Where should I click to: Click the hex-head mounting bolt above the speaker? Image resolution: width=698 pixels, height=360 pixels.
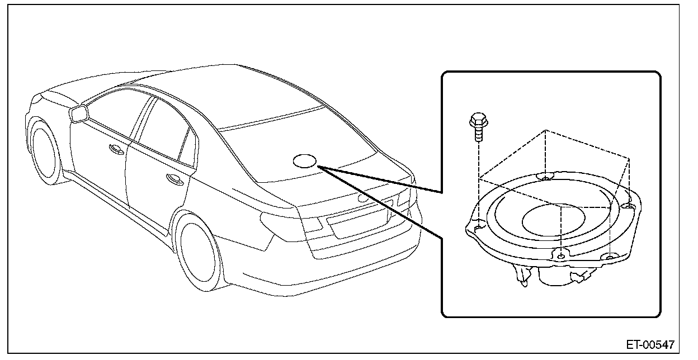coord(476,127)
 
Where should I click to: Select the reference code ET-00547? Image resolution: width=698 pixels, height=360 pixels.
coord(650,344)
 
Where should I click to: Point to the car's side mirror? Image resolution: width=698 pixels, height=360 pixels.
coord(79,114)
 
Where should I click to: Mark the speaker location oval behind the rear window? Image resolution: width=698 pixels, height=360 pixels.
coord(305,160)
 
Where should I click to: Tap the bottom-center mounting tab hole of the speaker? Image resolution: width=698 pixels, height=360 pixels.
coord(560,256)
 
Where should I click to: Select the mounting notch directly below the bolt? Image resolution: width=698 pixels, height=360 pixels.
coord(478,227)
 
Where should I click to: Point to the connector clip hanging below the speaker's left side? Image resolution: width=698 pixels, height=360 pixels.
coord(522,276)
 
